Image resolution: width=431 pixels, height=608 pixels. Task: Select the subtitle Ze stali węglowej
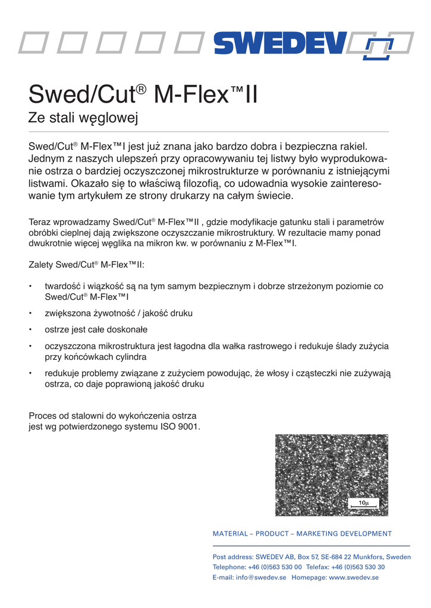pos(83,119)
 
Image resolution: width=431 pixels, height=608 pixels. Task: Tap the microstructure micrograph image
pos(331,475)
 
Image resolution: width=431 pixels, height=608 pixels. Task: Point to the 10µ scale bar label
pos(364,503)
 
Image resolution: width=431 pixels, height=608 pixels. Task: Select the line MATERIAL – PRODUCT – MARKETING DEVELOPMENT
pos(302,534)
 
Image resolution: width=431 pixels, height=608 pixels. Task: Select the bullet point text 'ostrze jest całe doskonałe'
pos(96,330)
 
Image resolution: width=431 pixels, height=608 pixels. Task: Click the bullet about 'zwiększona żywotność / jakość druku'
pos(119,313)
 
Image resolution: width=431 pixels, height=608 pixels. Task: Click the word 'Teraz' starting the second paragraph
pos(40,223)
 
